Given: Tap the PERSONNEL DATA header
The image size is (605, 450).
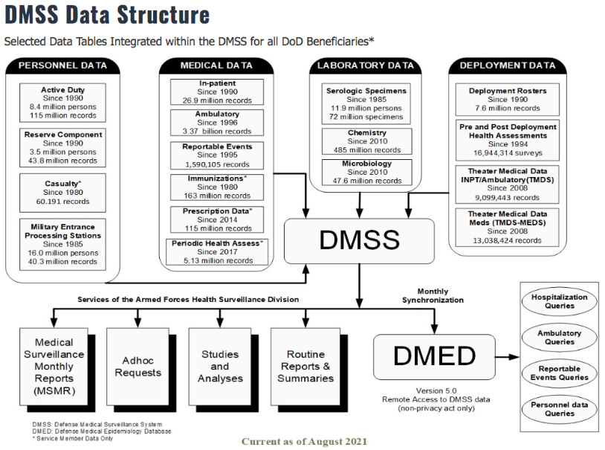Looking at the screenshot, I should pyautogui.click(x=62, y=65).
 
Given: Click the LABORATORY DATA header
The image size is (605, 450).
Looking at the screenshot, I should pyautogui.click(x=366, y=65).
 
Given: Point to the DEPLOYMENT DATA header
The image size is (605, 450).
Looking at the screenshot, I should pyautogui.click(x=508, y=65).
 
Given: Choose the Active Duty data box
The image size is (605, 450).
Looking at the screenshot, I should pyautogui.click(x=63, y=103).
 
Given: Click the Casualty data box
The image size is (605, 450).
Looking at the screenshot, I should pyautogui.click(x=63, y=190).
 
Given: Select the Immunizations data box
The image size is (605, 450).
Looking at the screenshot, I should pyautogui.click(x=216, y=187).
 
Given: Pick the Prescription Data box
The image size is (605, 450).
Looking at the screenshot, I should pyautogui.click(x=216, y=219).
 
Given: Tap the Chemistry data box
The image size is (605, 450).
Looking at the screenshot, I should pyautogui.click(x=366, y=141).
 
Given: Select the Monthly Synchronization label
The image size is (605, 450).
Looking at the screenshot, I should pyautogui.click(x=433, y=295).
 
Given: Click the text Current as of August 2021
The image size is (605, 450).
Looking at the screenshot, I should pyautogui.click(x=304, y=442).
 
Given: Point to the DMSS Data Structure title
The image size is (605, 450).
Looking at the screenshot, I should pyautogui.click(x=107, y=15).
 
